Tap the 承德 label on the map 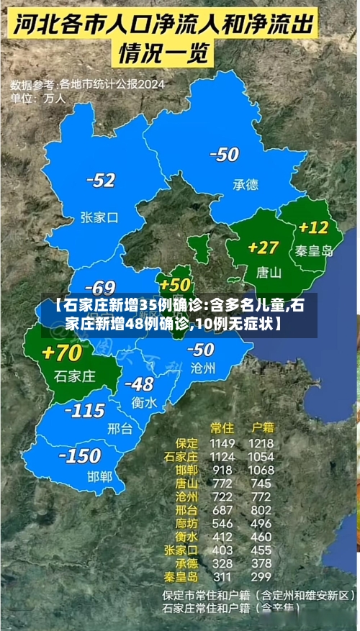pos(245,185)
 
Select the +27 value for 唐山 pos(263,247)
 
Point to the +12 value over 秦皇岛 pos(313,227)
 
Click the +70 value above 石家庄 pos(62,353)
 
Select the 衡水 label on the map pos(144,403)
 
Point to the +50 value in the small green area pos(175,284)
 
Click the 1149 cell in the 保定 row pos(222,443)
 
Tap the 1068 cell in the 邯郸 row pos(261,469)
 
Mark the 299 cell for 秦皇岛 pos(261,576)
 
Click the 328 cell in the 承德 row pos(222,563)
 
